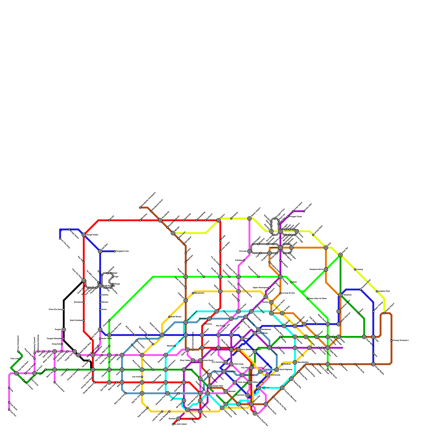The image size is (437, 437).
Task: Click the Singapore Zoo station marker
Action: point(115,251)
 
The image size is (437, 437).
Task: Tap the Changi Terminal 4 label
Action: point(401,340)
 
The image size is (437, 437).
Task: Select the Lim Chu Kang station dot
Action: point(60,239)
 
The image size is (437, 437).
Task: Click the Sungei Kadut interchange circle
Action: point(84,235)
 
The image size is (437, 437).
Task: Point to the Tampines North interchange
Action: point(326,270)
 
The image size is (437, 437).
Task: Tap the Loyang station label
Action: point(360,270)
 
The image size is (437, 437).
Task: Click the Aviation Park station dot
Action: point(377,291)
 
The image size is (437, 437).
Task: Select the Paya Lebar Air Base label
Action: point(318,299)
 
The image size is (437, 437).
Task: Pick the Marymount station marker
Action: point(193,293)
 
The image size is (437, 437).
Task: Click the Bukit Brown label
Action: point(176,317)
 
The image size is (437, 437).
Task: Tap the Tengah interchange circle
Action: point(64,330)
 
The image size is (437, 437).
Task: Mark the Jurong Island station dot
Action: point(55,382)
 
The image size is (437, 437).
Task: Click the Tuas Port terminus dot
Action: point(9,410)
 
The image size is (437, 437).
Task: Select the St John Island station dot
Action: point(173,424)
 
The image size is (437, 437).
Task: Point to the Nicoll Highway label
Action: point(285,370)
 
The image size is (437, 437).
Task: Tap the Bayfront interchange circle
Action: point(259,388)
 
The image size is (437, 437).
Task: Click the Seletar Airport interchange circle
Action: point(249,218)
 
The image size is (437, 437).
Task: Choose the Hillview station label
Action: point(105,302)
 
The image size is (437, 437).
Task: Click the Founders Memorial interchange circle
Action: point(282,388)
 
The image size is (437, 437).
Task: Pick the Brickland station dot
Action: point(84,302)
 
